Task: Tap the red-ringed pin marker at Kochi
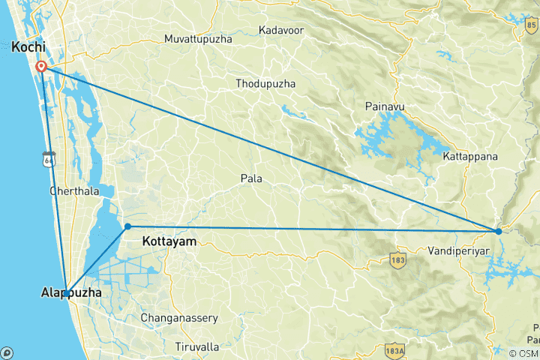click(43, 67)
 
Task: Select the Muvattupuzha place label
click(198, 38)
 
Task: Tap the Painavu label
click(384, 107)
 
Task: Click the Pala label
click(251, 178)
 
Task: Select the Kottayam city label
click(169, 241)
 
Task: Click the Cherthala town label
click(74, 191)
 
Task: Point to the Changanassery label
click(180, 318)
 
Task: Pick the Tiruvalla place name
click(197, 346)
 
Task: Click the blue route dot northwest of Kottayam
click(127, 226)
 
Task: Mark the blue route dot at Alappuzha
click(67, 293)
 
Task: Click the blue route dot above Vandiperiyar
click(499, 231)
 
